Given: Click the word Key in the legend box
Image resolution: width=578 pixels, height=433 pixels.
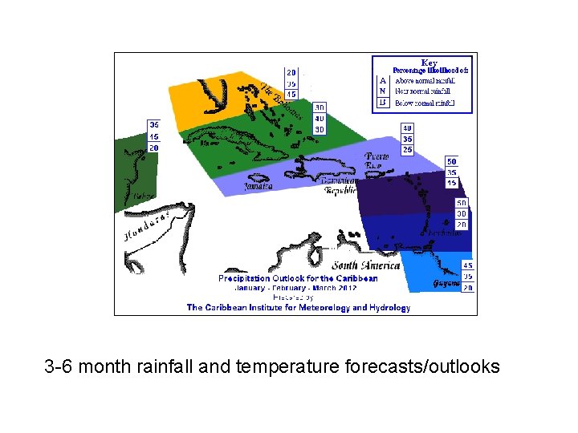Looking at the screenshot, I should (429, 62).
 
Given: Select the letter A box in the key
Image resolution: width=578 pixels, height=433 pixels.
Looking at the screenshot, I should (383, 80).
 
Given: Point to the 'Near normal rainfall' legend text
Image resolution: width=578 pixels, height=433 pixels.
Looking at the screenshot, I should (423, 91).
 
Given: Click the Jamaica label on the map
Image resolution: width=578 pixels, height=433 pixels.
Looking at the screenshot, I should (258, 185).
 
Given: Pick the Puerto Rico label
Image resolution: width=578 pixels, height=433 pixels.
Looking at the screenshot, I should (377, 160).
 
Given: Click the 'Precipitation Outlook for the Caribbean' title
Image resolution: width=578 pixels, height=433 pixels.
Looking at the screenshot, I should (298, 278).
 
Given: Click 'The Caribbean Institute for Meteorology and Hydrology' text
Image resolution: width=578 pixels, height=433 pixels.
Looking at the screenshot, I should (298, 307).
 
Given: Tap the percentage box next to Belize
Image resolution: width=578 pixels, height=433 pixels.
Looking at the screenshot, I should (153, 136).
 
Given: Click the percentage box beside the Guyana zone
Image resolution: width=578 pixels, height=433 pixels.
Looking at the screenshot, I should (468, 277).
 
